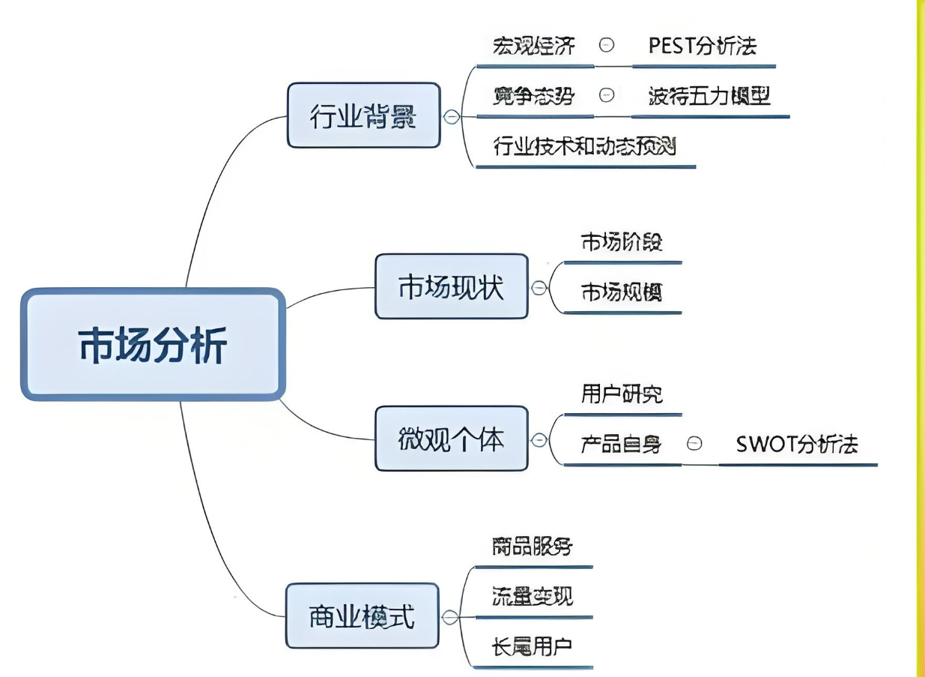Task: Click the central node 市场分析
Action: [x=153, y=344]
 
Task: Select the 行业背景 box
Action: [x=363, y=115]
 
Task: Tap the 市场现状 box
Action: [x=451, y=286]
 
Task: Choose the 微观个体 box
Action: [x=451, y=439]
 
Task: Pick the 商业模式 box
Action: [x=362, y=617]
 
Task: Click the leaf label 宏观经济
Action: [x=534, y=46]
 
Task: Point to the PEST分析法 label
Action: [x=703, y=46]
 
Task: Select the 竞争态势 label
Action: [x=534, y=96]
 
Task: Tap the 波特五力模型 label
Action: [x=709, y=96]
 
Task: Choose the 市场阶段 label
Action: [x=622, y=242]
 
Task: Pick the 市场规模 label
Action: [x=622, y=293]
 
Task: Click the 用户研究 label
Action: [x=622, y=394]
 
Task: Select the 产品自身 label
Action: [x=622, y=444]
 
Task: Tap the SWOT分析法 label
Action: [x=797, y=444]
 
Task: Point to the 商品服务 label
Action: [x=533, y=546]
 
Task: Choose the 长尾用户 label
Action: [x=533, y=646]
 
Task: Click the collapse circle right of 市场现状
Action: [x=539, y=287]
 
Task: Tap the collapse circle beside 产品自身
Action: [x=694, y=444]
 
